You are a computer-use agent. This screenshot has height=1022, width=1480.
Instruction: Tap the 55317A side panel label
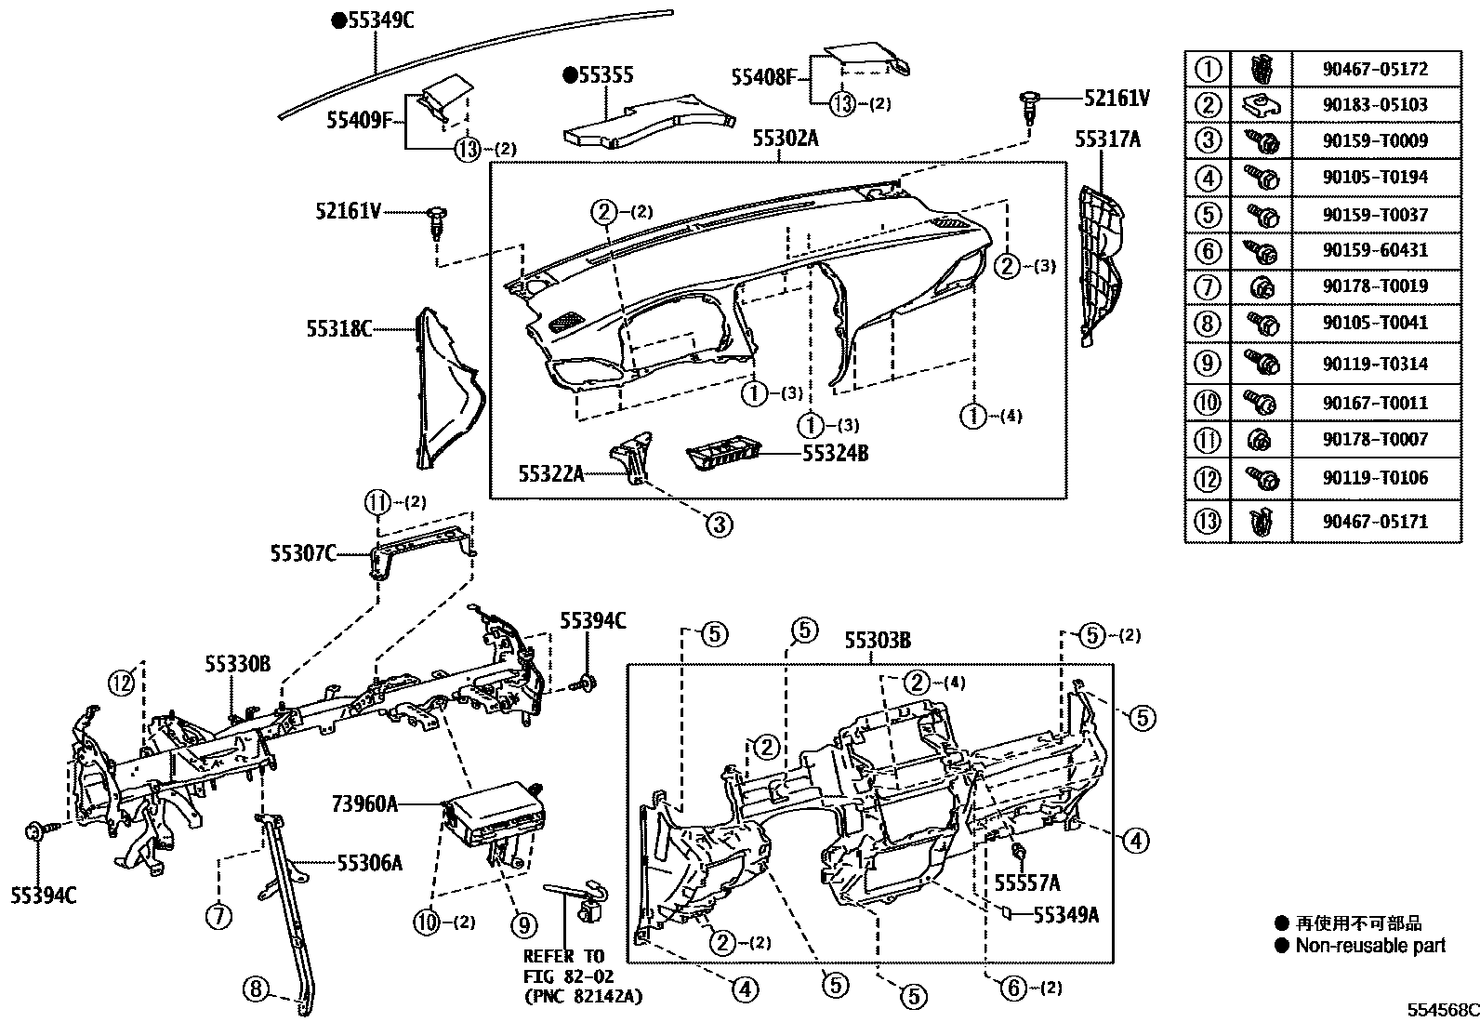1106,139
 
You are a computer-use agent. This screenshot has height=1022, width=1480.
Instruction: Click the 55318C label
339,328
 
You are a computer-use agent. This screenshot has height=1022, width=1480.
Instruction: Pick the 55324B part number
835,454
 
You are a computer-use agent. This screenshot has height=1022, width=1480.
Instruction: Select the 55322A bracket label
551,474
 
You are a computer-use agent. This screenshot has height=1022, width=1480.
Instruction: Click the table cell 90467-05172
1375,69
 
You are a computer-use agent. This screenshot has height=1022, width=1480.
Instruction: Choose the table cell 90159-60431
1375,250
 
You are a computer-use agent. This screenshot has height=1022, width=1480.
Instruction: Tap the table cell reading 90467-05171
1375,522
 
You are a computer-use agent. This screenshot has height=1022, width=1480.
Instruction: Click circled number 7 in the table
1207,286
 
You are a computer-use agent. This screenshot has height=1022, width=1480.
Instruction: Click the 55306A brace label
369,864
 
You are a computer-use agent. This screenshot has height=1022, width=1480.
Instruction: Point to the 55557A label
1026,883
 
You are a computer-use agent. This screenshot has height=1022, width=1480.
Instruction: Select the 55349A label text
1066,915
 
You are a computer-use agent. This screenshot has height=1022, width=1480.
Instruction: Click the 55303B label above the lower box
878,641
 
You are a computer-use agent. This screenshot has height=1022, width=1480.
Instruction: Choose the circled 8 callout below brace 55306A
257,989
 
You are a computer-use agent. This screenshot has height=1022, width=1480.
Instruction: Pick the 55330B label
237,664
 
